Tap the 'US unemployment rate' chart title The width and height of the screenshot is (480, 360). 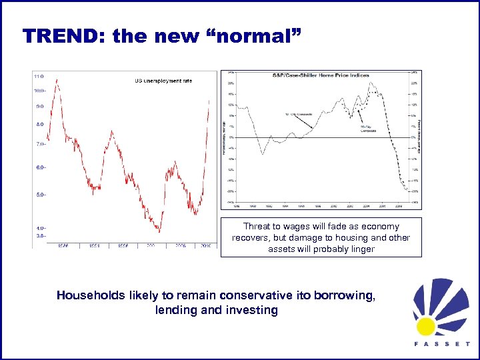pyautogui.click(x=163, y=81)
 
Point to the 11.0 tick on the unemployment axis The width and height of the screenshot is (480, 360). pyautogui.click(x=39, y=76)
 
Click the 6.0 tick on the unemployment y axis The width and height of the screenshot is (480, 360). pyautogui.click(x=41, y=167)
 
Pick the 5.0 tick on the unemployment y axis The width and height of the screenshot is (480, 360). pyautogui.click(x=41, y=195)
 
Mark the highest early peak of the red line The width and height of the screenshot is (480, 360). pyautogui.click(x=57, y=80)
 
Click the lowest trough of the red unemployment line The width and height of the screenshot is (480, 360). pyautogui.click(x=159, y=231)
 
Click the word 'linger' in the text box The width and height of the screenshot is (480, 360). pyautogui.click(x=362, y=249)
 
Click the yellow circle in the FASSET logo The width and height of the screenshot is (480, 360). pyautogui.click(x=426, y=325)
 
